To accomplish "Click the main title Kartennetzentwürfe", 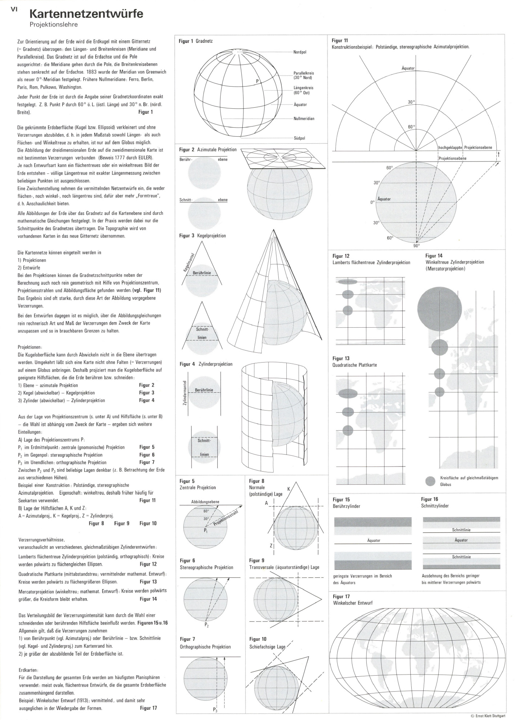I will click(x=86, y=14).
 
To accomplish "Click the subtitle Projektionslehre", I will click(x=54, y=25).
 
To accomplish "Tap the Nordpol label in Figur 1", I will click(x=300, y=52).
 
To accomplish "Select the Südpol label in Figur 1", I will click(x=299, y=138).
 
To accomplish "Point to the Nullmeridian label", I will click(x=304, y=119).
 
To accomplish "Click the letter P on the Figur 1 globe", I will click(x=257, y=81).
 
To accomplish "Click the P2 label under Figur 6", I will click(x=207, y=625).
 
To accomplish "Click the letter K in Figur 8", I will click(x=289, y=489).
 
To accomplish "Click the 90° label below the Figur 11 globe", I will click(x=416, y=245).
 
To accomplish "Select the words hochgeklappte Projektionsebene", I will click(x=465, y=147).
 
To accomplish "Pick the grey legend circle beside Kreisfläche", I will click(x=431, y=481).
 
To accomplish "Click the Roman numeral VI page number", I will click(x=14, y=10).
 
